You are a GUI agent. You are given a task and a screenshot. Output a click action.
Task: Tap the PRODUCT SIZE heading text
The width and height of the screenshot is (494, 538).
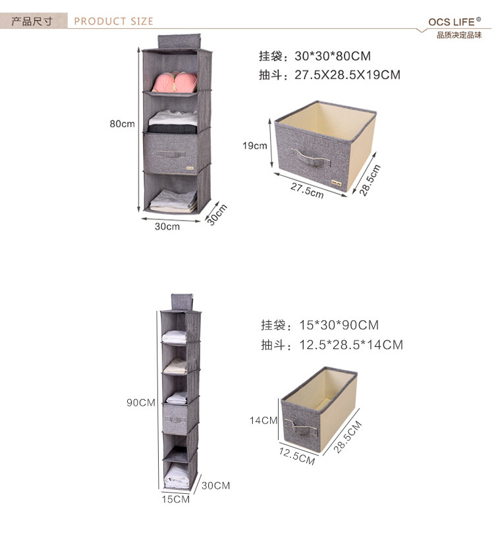click(x=113, y=21)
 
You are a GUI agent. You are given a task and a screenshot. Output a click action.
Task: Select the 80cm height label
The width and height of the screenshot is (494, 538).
click(x=123, y=124)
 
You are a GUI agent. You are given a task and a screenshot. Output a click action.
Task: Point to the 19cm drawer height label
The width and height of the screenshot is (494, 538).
click(x=255, y=146)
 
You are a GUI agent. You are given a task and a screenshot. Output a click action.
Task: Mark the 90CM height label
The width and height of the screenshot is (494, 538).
click(x=141, y=402)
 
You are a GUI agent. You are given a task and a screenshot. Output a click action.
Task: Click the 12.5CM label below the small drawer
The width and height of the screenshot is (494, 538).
click(x=296, y=454)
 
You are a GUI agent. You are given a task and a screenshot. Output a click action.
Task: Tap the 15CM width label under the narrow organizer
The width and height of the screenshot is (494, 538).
click(x=176, y=498)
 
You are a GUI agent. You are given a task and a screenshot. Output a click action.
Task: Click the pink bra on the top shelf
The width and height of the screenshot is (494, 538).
click(x=175, y=82)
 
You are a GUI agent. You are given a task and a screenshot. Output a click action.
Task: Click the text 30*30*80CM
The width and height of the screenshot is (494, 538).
click(x=333, y=56)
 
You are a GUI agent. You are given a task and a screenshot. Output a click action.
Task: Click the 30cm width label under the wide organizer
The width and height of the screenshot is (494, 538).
click(x=167, y=227)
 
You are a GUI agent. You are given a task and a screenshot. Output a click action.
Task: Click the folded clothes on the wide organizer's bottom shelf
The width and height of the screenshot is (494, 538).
click(x=173, y=200)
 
